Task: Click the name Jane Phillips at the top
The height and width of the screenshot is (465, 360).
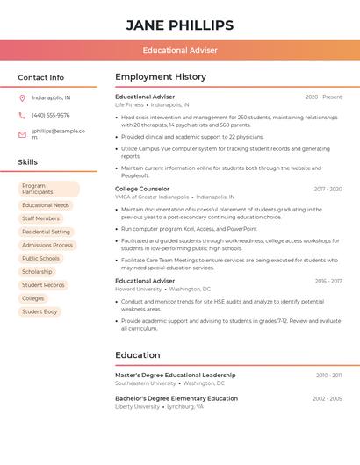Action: tap(180, 25)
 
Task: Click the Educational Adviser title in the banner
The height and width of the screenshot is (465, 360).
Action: tap(180, 50)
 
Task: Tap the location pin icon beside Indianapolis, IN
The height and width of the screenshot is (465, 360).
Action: tap(22, 97)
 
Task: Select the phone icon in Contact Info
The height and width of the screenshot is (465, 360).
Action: tap(22, 115)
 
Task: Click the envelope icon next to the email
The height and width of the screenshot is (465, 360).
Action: tap(22, 134)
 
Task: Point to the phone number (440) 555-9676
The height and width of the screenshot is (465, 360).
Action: tap(50, 115)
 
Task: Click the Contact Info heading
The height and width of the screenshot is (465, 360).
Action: tap(40, 77)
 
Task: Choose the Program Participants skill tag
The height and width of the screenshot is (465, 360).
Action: tap(48, 189)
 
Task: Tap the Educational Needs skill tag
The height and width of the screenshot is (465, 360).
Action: tap(46, 205)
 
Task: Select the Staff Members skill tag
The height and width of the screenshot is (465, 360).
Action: tap(40, 218)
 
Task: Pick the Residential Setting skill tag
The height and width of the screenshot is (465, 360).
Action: tap(46, 232)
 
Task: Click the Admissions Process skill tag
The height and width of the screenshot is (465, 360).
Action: tap(47, 245)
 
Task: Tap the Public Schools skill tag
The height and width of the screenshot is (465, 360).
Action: tap(40, 259)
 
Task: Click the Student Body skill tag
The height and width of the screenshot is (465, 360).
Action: tap(40, 311)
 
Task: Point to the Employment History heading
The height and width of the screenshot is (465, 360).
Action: tap(161, 77)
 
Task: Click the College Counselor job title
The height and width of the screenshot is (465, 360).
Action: tap(142, 189)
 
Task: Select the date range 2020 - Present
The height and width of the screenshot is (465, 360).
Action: tap(323, 97)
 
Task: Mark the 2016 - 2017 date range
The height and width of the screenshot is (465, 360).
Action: tap(328, 281)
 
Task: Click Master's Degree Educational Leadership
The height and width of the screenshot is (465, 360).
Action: tap(175, 375)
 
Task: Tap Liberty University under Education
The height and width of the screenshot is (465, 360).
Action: tap(138, 406)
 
